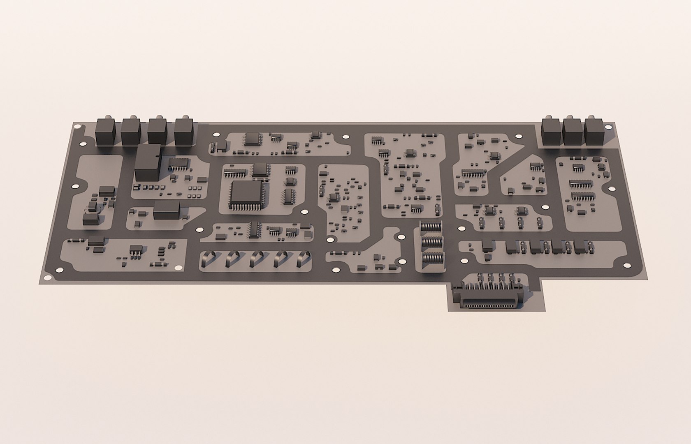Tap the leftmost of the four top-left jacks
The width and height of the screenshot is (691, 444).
tap(105, 132)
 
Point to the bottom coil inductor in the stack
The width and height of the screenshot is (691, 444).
tap(432, 258)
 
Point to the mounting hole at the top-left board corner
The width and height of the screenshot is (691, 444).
tap(76, 127)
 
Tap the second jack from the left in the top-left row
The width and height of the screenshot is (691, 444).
tap(131, 132)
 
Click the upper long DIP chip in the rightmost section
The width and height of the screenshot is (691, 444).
tap(580, 183)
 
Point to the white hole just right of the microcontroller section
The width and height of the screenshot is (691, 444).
tap(304, 212)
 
